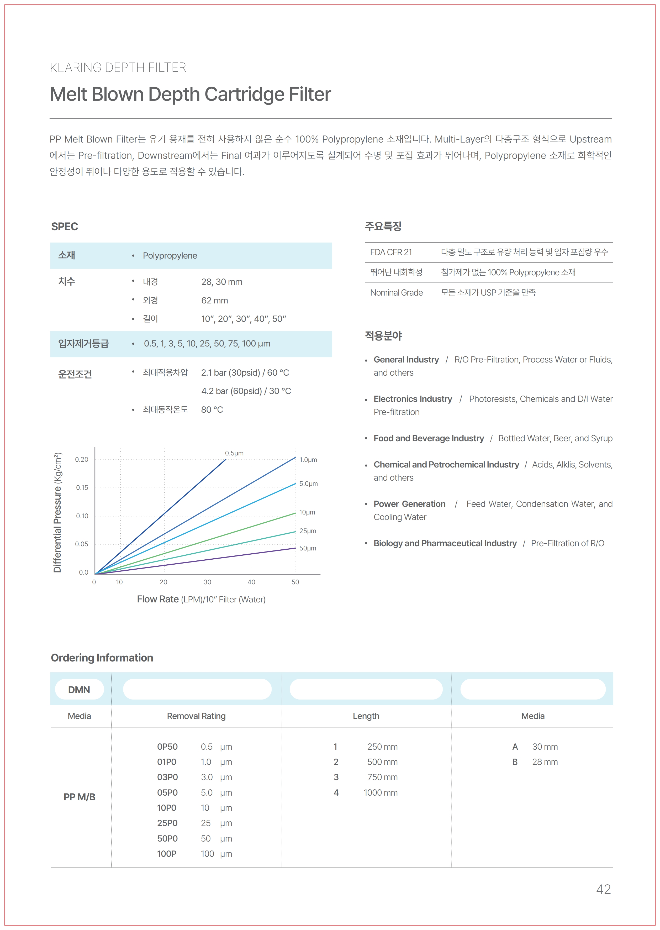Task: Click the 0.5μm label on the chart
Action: pos(234,453)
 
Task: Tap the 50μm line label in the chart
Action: pos(308,548)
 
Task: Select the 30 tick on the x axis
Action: pos(207,582)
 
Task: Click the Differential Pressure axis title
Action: pos(58,512)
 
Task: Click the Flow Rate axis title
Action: pos(201,599)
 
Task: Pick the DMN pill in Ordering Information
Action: pos(79,690)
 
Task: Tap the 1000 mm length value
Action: pos(381,793)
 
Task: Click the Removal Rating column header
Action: pos(196,716)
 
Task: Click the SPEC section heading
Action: pos(65,227)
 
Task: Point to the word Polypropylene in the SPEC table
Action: pos(170,256)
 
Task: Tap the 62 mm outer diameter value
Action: pos(215,300)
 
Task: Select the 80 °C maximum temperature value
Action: pos(212,410)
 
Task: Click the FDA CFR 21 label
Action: pos(391,253)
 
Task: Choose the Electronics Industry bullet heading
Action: pos(413,399)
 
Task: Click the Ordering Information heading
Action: pos(102,658)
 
